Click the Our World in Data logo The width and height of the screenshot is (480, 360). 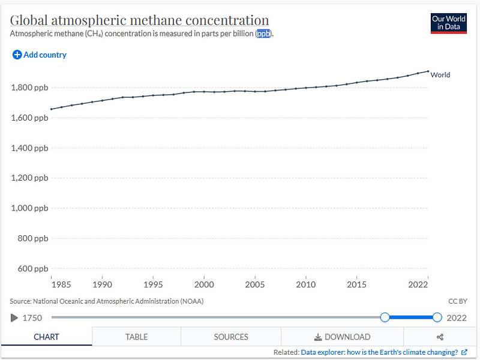point(448,23)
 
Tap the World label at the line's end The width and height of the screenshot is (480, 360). point(440,75)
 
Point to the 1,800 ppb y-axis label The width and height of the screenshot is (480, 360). point(30,88)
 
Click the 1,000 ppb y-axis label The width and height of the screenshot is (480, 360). point(30,208)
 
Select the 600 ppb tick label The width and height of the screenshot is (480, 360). point(33,269)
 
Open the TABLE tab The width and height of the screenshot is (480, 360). point(136,337)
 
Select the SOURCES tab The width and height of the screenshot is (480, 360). point(231,337)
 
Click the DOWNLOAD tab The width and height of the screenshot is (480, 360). point(342,337)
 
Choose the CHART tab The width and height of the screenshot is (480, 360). point(46,337)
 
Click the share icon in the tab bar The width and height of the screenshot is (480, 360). point(440,337)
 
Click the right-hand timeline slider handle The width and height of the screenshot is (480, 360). point(437,317)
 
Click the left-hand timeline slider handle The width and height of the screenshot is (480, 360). point(385,317)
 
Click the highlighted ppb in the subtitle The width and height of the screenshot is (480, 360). point(264,34)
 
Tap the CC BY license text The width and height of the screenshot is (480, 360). point(457,301)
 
